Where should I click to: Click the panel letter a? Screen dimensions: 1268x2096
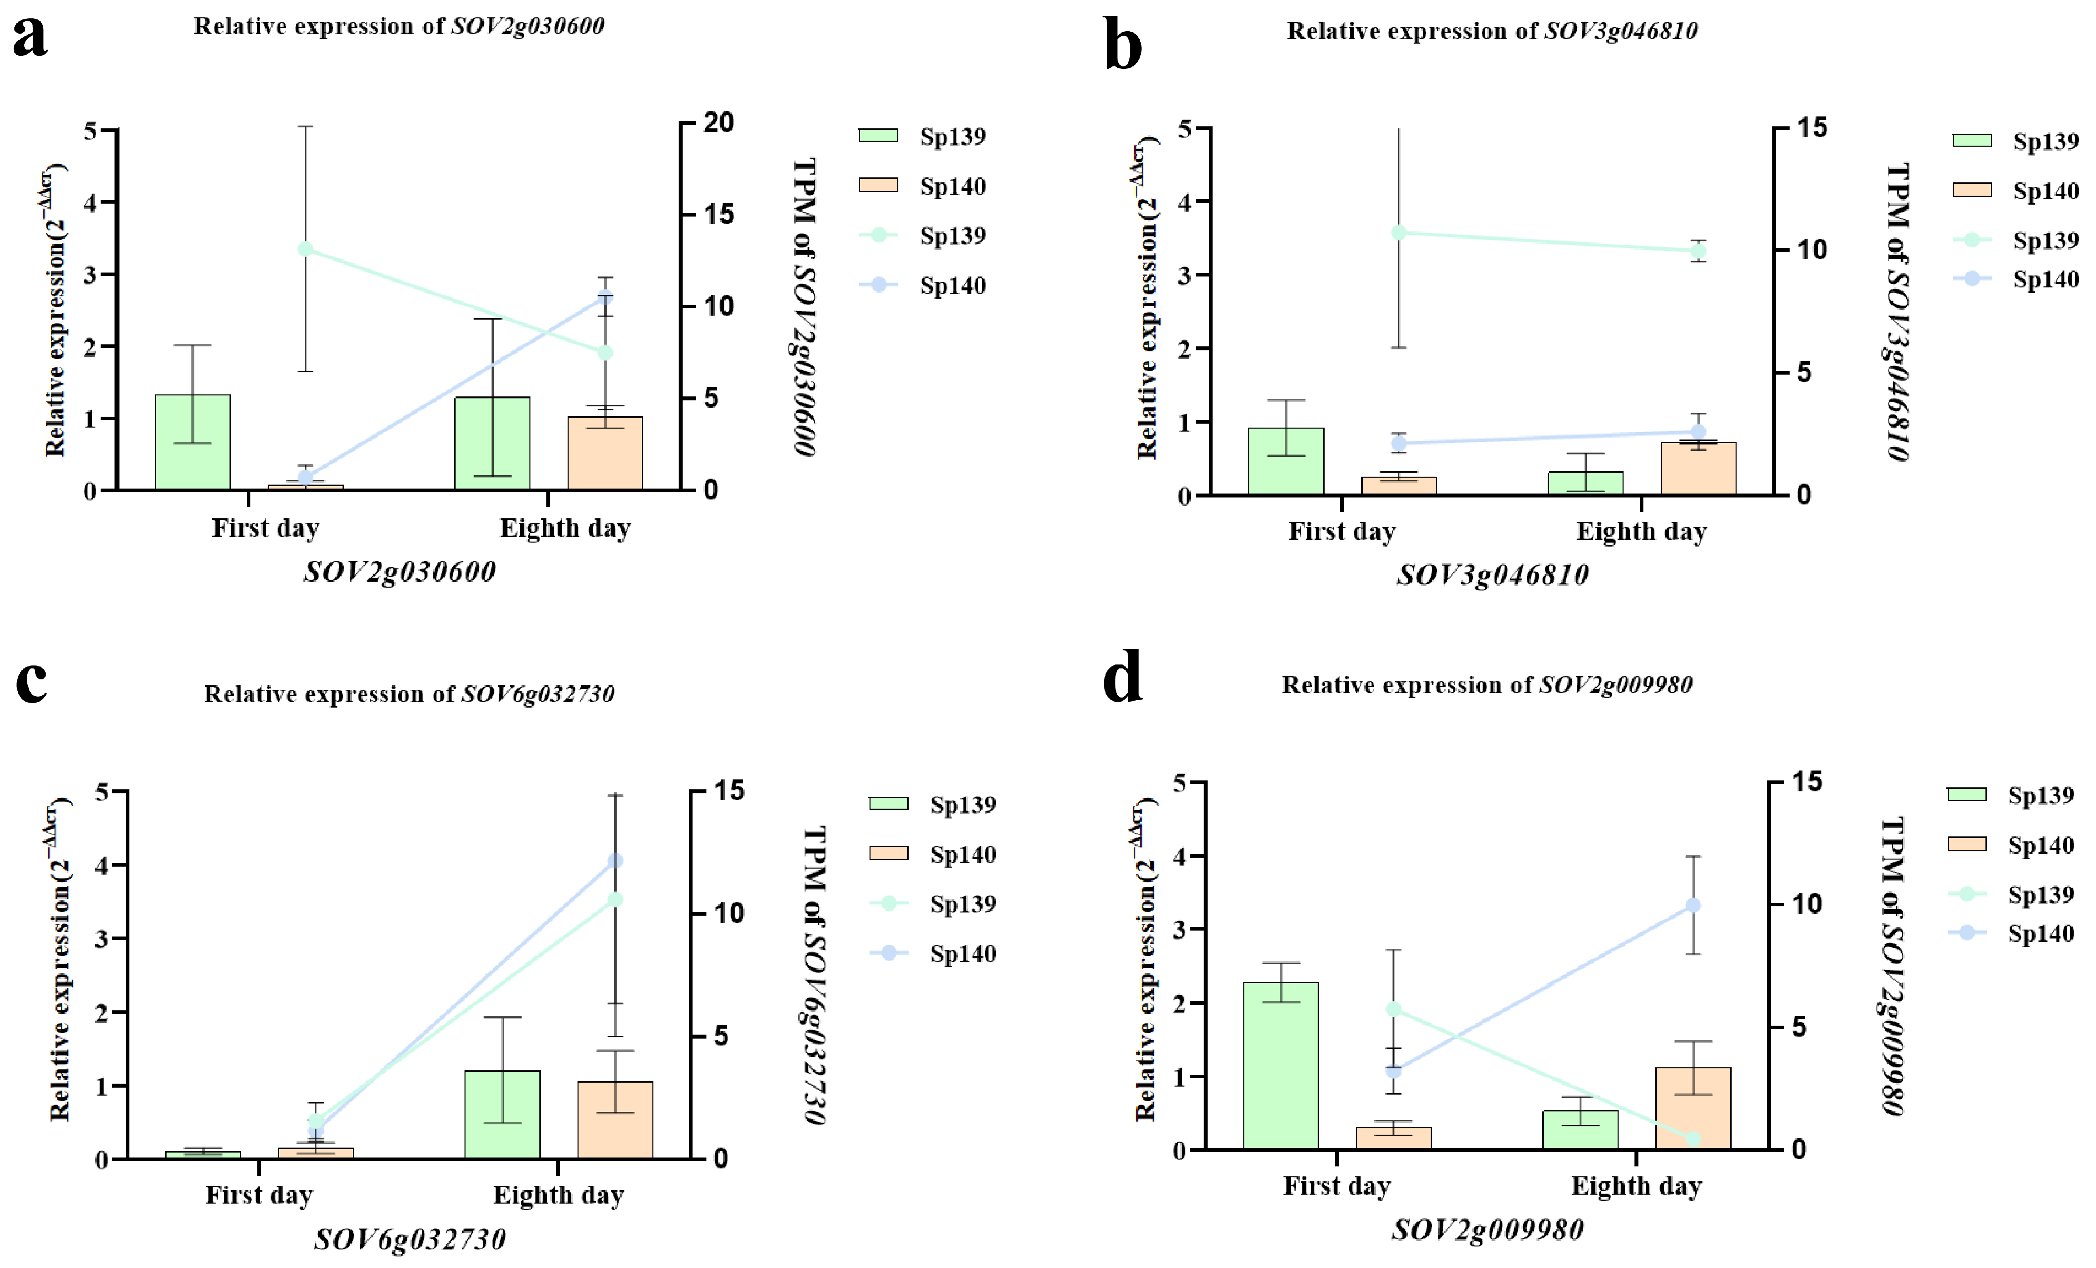tap(31, 38)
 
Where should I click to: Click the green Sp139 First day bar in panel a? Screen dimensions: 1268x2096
tap(193, 442)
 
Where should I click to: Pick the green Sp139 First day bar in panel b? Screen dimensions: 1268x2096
tap(1285, 461)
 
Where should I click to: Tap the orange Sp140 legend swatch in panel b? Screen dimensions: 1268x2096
tap(1972, 190)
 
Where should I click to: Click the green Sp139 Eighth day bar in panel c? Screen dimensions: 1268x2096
tap(503, 1114)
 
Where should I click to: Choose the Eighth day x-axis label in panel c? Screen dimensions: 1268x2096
tap(559, 1195)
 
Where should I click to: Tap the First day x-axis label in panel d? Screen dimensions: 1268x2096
tap(1337, 1186)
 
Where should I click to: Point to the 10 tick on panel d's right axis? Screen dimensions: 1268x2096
tap(1807, 904)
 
